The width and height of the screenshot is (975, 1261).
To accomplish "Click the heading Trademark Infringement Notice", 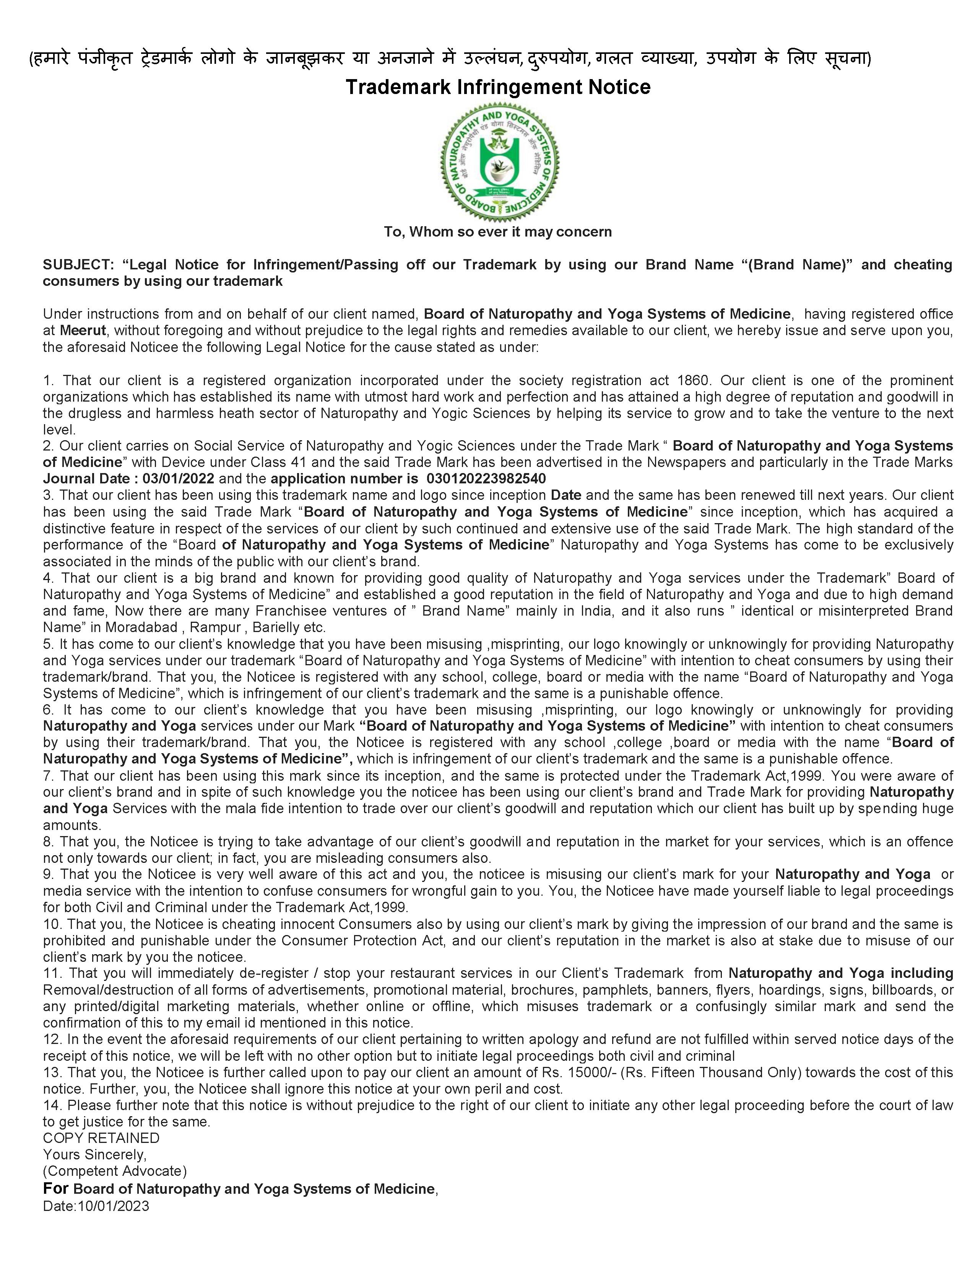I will pyautogui.click(x=498, y=87).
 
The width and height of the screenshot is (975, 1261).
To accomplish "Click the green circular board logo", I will pyautogui.click(x=499, y=161).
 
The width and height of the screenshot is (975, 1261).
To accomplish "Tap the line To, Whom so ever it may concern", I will pyautogui.click(x=498, y=232).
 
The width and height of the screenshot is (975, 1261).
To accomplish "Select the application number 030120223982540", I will pyautogui.click(x=486, y=479).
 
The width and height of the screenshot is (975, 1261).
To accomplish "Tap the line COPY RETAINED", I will pyautogui.click(x=101, y=1138).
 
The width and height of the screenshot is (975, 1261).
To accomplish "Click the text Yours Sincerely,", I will pyautogui.click(x=95, y=1155).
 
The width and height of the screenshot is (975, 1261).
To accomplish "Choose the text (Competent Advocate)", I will pyautogui.click(x=115, y=1171).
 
